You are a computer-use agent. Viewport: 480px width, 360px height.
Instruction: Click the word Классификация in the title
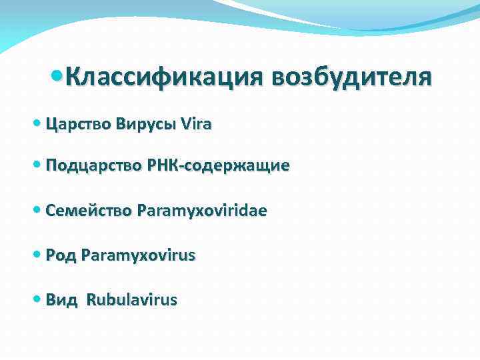(x=161, y=79)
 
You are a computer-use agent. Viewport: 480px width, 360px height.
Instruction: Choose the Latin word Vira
(x=192, y=124)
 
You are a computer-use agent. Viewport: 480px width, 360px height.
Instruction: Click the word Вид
(x=62, y=300)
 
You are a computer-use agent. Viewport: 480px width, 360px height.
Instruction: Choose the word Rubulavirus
(x=131, y=300)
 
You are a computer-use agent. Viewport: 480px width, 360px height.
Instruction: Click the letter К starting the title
(x=73, y=79)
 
